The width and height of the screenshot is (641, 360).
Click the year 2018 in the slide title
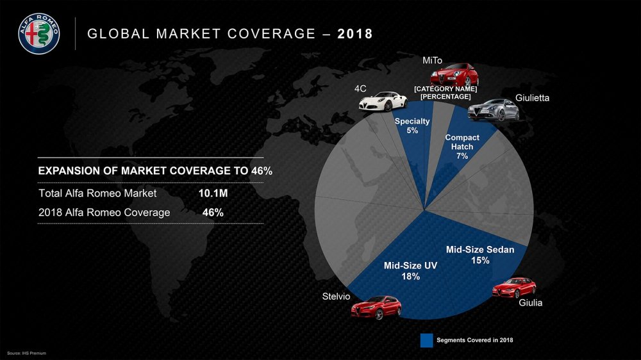pyautogui.click(x=355, y=33)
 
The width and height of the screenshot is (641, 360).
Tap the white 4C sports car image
pyautogui.click(x=383, y=101)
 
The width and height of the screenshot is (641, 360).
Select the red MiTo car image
pyautogui.click(x=450, y=76)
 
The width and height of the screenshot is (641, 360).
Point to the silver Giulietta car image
pyautogui.click(x=492, y=110)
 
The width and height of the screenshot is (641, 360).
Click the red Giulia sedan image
pyautogui.click(x=514, y=288)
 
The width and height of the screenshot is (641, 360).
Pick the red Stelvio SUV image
pyautogui.click(x=376, y=307)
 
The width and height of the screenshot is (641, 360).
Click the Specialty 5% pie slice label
pyautogui.click(x=412, y=126)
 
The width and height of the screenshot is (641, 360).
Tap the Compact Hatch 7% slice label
pyautogui.click(x=462, y=147)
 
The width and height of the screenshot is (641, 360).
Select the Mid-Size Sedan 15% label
pyautogui.click(x=480, y=255)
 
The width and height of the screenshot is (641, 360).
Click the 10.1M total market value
pyautogui.click(x=213, y=193)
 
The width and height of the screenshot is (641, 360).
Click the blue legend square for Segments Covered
pyautogui.click(x=426, y=340)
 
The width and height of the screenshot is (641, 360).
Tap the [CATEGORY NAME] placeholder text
pyautogui.click(x=445, y=88)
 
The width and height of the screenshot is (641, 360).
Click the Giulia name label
pyautogui.click(x=530, y=303)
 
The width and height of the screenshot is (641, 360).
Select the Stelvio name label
pyautogui.click(x=336, y=296)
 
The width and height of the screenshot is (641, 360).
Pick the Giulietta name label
pyautogui.click(x=532, y=99)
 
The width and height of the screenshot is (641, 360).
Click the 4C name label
pyautogui.click(x=360, y=88)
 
